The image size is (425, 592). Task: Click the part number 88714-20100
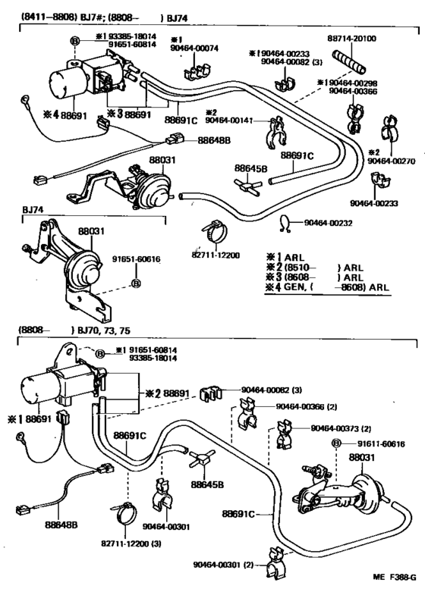(x=376, y=39)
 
